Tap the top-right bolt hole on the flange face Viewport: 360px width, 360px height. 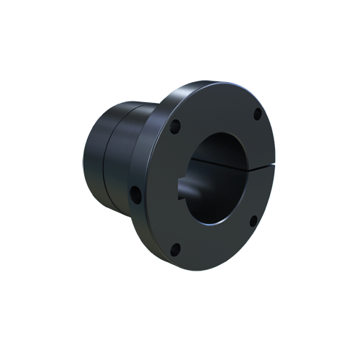[x=257, y=113]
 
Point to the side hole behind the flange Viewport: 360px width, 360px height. [x=134, y=194]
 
